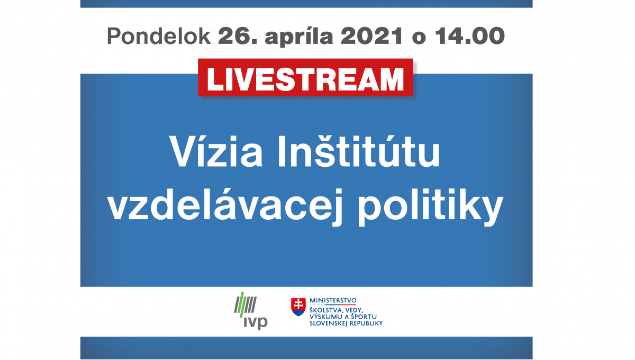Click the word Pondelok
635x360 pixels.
[x=159, y=37]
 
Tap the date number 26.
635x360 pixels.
[x=238, y=36]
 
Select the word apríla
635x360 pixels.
[x=299, y=37]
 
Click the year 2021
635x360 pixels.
[x=371, y=36]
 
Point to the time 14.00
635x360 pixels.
[x=470, y=36]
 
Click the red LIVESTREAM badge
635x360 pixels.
[x=306, y=77]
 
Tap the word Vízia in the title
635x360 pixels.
[x=216, y=151]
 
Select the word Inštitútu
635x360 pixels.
[x=359, y=151]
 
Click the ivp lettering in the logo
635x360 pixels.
[x=256, y=322]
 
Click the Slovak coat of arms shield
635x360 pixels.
[x=298, y=307]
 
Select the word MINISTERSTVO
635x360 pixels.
[x=333, y=300]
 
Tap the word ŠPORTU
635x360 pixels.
[x=364, y=317]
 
